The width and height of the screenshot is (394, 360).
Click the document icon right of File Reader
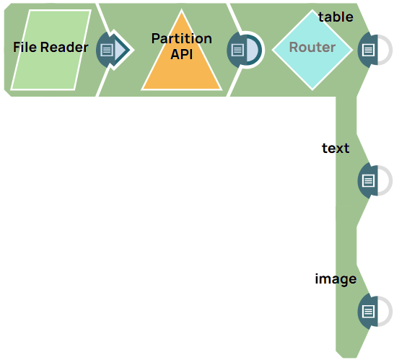click(108, 50)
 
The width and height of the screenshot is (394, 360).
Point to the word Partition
click(181, 38)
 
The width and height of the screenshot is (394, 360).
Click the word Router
click(312, 48)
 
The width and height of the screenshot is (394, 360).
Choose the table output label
click(336, 17)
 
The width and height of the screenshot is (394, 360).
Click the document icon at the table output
click(368, 50)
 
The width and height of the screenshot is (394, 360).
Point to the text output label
click(336, 148)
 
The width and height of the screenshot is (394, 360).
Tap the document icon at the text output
click(368, 180)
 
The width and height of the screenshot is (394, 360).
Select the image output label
click(336, 278)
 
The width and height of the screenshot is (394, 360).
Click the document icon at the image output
click(368, 311)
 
